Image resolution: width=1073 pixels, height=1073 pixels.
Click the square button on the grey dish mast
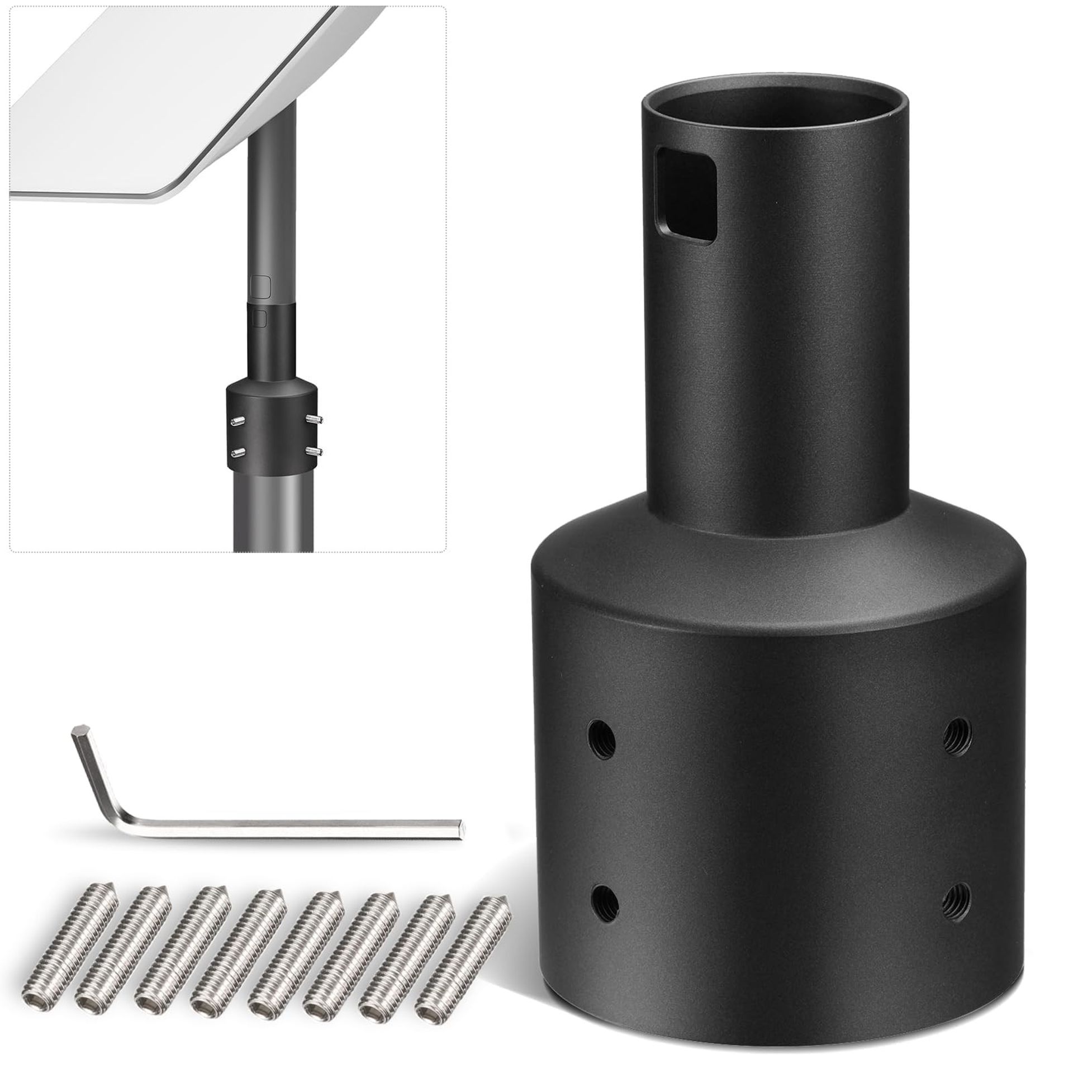tap(260, 286)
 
